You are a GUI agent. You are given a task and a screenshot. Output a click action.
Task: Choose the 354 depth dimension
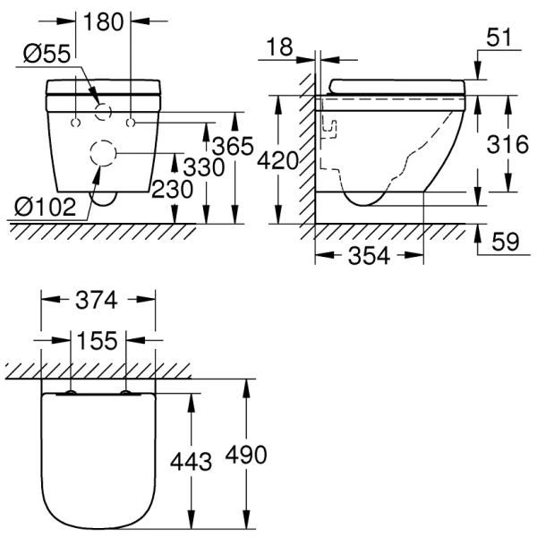(368, 256)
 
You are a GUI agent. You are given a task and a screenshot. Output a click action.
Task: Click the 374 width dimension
(98, 302)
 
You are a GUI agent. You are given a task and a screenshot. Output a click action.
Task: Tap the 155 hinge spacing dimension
(98, 341)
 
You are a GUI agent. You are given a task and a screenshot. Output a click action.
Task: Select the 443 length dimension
(191, 461)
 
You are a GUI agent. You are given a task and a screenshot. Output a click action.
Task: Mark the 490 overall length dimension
(244, 455)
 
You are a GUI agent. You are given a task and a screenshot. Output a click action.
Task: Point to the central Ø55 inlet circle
(104, 113)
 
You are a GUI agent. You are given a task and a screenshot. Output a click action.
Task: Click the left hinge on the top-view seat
(69, 392)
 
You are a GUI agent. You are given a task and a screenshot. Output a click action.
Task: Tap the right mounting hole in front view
(132, 119)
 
